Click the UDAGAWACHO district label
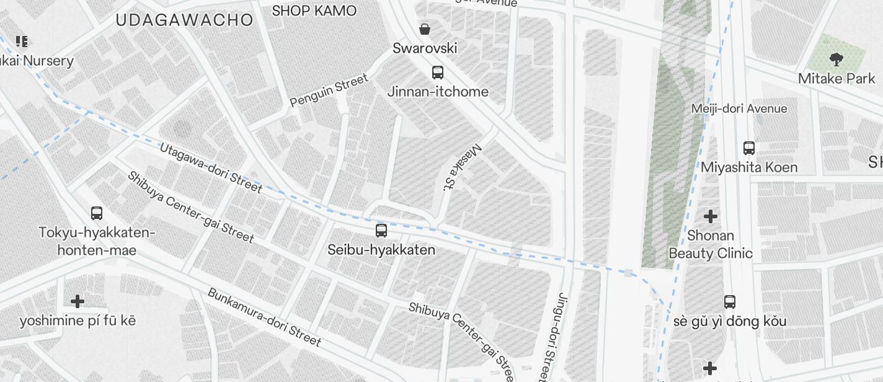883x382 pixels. click(x=184, y=20)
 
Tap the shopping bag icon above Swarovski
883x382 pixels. click(x=425, y=29)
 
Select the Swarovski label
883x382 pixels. click(x=425, y=48)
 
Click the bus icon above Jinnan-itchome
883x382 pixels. click(x=438, y=73)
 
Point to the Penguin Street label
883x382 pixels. click(x=329, y=91)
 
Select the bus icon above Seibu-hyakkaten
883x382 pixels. click(x=381, y=231)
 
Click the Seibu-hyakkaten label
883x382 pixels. click(x=381, y=249)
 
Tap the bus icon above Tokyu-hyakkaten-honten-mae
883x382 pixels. click(x=97, y=213)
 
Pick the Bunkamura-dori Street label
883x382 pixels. click(x=264, y=317)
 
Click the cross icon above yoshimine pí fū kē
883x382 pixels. click(x=78, y=301)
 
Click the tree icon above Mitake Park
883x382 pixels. click(x=836, y=60)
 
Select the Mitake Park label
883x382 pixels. click(x=836, y=79)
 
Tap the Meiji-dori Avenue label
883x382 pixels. click(x=739, y=109)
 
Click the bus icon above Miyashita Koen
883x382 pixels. click(x=749, y=148)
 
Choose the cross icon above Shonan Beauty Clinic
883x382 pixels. click(x=711, y=216)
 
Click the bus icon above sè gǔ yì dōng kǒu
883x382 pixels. click(x=730, y=302)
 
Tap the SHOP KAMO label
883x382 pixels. click(x=314, y=11)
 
